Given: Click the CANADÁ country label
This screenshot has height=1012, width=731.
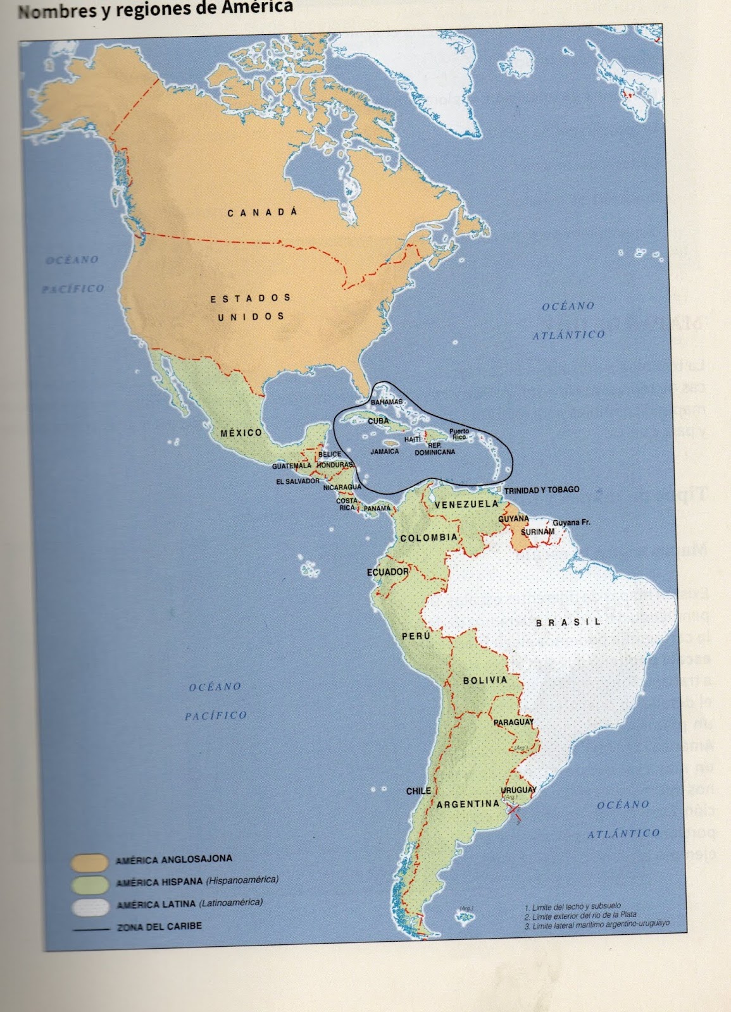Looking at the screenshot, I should coord(262,213).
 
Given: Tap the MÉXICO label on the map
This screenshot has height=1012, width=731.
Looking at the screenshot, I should coord(241,433).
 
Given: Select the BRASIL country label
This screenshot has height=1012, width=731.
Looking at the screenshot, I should coord(568,622).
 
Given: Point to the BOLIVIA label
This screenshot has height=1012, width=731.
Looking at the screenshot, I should coord(485,681).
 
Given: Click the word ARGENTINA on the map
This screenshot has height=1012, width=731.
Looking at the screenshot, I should coord(468,804).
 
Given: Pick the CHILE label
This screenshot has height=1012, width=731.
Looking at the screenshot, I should coord(418,791).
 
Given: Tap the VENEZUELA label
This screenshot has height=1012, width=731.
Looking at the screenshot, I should coord(466,504).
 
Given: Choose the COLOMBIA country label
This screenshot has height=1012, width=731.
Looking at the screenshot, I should coord(428,538).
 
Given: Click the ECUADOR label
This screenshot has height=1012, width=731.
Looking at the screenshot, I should coord(388,572).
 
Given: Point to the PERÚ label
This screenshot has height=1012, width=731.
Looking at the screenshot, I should coord(416,636).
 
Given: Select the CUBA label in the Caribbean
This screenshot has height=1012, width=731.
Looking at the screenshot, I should coord(378,421).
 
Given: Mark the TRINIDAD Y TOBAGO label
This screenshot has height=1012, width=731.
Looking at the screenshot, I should coord(542,490).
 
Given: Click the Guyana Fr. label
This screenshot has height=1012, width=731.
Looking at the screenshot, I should coord(572,523).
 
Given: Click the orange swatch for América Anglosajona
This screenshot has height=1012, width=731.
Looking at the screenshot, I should coord(90,863).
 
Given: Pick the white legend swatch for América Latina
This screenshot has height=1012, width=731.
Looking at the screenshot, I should coord(90,907).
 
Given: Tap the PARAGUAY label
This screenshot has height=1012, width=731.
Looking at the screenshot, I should coord(513,722).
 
